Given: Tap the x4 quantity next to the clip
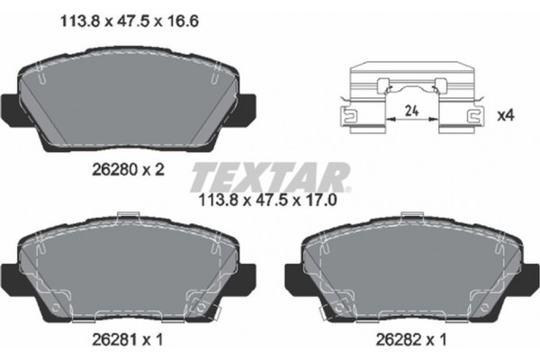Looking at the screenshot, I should click(507, 115).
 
